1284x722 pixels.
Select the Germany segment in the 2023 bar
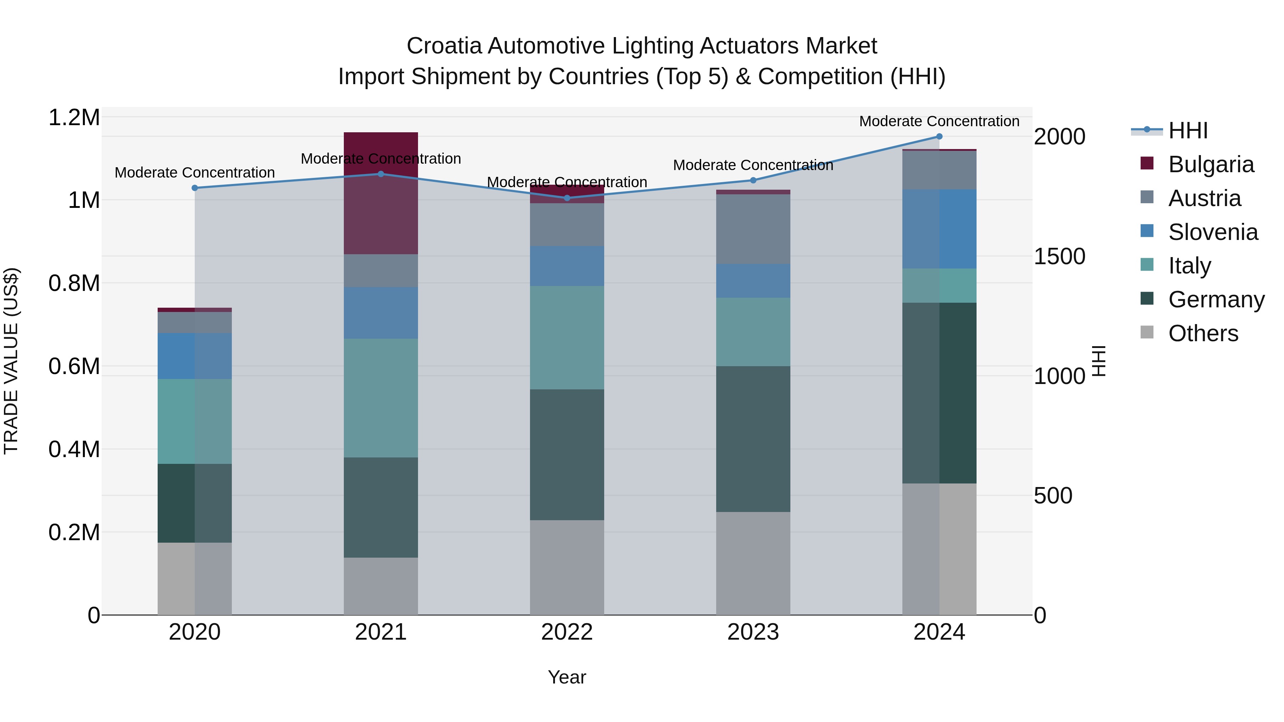pyautogui.click(x=753, y=439)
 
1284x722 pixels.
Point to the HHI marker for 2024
pyautogui.click(x=939, y=137)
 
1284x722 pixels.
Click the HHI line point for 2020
pyautogui.click(x=195, y=188)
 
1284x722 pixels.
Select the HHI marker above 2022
pyautogui.click(x=567, y=198)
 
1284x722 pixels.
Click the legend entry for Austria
pyautogui.click(x=1204, y=198)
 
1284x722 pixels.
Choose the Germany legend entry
pyautogui.click(x=1216, y=299)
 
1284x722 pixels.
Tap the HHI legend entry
pyautogui.click(x=1187, y=130)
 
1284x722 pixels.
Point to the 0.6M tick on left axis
pyautogui.click(x=74, y=366)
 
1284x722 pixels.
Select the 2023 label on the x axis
pyautogui.click(x=753, y=632)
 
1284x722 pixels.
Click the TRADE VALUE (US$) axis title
pyautogui.click(x=11, y=361)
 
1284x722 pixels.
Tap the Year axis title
pyautogui.click(x=567, y=677)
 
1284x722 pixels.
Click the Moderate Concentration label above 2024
pyautogui.click(x=939, y=121)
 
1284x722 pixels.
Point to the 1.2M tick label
pyautogui.click(x=74, y=118)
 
